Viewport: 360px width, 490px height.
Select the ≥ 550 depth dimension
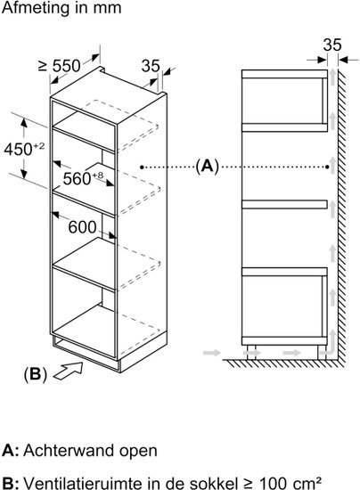tap(60, 66)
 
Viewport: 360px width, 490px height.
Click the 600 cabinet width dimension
tap(82, 227)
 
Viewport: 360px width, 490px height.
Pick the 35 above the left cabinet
tap(151, 66)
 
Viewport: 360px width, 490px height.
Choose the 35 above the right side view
tap(332, 45)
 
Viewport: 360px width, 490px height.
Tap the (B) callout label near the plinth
tap(35, 373)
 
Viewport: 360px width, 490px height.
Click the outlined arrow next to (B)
tap(69, 371)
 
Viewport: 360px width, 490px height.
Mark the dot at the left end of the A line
tap(142, 167)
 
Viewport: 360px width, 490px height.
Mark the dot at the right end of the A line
tap(327, 167)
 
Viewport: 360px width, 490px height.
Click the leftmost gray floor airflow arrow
tap(211, 353)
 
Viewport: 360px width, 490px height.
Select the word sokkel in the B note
tap(214, 482)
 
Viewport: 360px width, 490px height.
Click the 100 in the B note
tap(271, 482)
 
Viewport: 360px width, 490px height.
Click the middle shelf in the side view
tap(284, 204)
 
